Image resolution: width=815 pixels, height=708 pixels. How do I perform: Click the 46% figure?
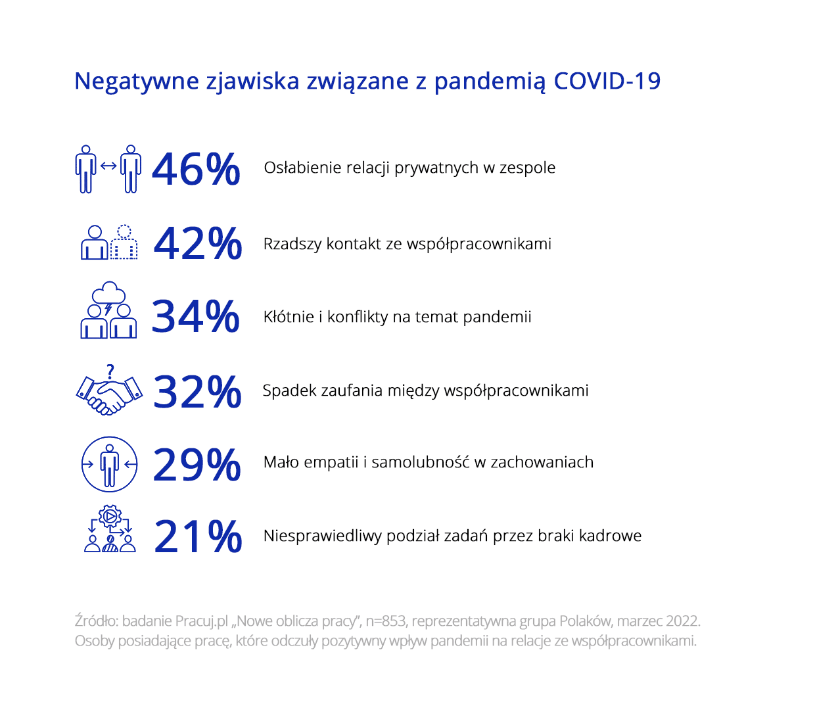pyautogui.click(x=196, y=170)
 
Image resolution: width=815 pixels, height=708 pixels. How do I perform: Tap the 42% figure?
pyautogui.click(x=198, y=243)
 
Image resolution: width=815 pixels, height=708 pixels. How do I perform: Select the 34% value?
pyautogui.click(x=196, y=316)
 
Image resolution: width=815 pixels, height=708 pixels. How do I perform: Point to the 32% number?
pyautogui.click(x=197, y=392)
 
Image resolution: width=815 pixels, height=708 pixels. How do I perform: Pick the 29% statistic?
pyautogui.click(x=197, y=465)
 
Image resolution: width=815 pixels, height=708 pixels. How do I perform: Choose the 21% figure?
pyautogui.click(x=198, y=536)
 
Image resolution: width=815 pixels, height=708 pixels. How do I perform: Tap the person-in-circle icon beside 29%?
pyautogui.click(x=109, y=464)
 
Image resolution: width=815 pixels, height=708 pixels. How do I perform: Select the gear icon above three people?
pyautogui.click(x=110, y=516)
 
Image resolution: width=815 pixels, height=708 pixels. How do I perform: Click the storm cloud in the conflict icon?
pyautogui.click(x=108, y=293)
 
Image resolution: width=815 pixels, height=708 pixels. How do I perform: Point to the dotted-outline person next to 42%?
pyautogui.click(x=124, y=243)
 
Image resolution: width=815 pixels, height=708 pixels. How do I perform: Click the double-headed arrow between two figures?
pyautogui.click(x=108, y=166)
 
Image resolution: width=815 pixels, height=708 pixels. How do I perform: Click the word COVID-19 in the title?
pyautogui.click(x=607, y=81)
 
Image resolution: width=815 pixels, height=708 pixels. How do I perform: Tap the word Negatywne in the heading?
pyautogui.click(x=137, y=82)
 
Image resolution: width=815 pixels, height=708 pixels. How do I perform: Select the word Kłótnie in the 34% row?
pyautogui.click(x=289, y=317)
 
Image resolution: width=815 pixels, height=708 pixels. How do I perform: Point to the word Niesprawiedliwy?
pyautogui.click(x=323, y=536)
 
